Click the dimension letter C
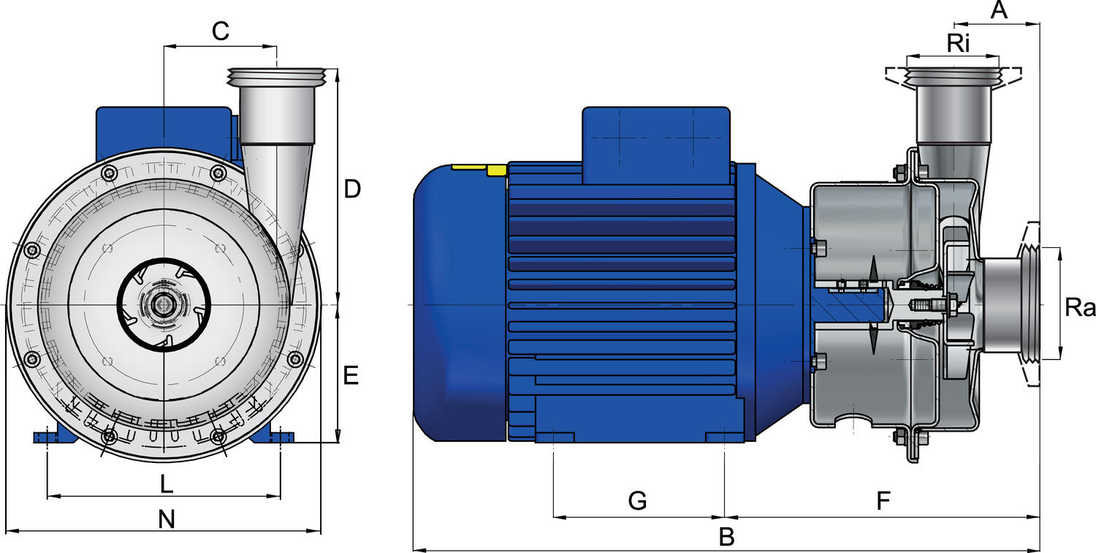point(221,31)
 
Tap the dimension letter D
point(352,189)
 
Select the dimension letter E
point(351,376)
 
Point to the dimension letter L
point(167,485)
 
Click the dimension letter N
point(167,519)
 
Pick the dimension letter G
point(638,500)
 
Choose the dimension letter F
point(883,500)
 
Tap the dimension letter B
point(726,537)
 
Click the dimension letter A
point(999,10)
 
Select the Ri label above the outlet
point(958,44)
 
